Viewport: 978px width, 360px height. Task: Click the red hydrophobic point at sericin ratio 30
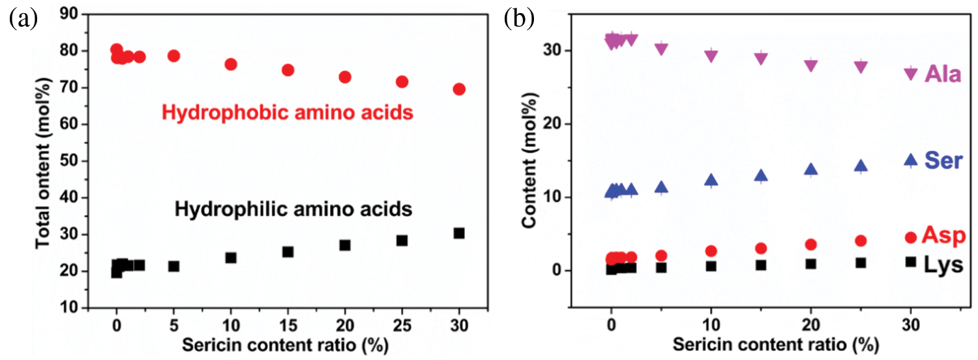point(459,89)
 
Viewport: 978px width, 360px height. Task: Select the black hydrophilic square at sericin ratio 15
point(288,251)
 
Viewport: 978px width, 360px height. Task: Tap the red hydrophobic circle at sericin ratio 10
point(230,64)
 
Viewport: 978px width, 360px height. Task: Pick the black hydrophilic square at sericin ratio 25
point(402,240)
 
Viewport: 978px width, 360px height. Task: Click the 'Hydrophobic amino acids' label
point(288,113)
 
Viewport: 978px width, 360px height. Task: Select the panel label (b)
point(519,20)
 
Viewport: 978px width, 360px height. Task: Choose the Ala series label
point(942,74)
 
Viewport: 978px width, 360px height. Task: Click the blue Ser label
point(943,160)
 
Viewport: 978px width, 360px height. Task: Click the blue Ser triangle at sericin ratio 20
point(811,170)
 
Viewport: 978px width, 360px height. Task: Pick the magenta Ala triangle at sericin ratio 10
point(711,56)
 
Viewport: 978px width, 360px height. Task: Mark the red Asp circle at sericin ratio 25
point(861,241)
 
